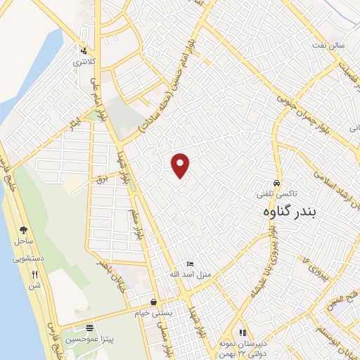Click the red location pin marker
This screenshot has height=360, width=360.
point(181,165)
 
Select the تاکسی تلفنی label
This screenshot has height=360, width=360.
point(276,191)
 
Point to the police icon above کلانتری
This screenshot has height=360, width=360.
point(84,51)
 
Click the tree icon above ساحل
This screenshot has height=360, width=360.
point(23,230)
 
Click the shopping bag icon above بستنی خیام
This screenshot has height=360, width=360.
point(154,299)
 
